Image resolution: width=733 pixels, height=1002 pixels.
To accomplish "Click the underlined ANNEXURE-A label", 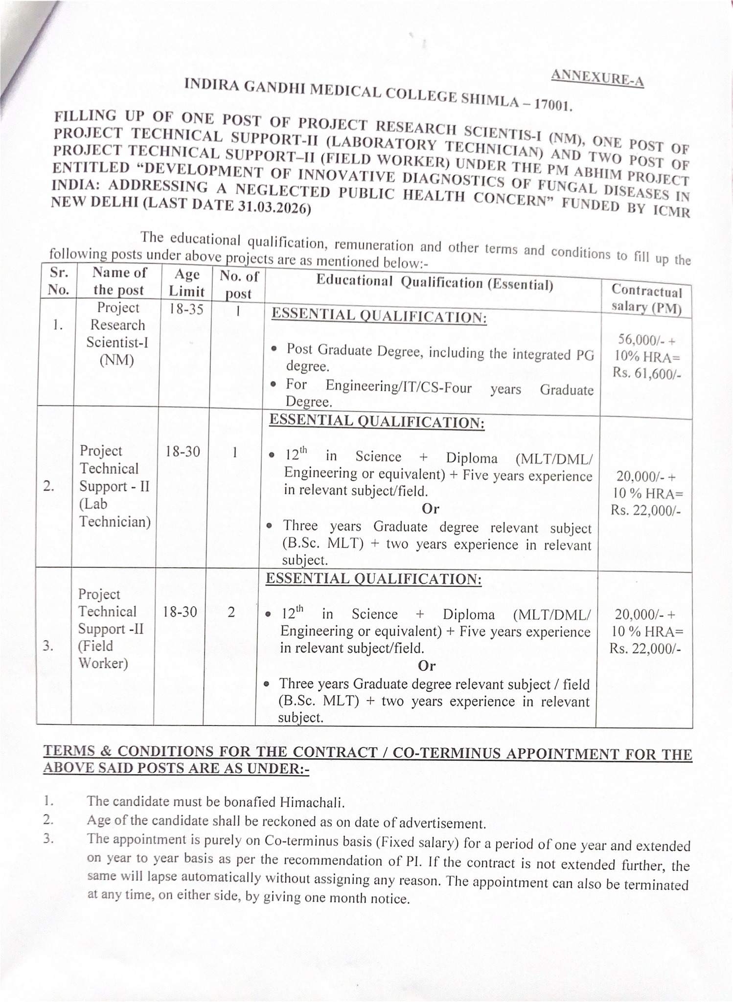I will (597, 77).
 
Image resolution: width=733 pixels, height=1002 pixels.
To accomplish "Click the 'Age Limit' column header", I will (186, 283).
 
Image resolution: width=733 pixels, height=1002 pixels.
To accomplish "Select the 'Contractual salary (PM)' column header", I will (646, 299).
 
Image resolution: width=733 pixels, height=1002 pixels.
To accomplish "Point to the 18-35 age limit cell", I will (186, 309).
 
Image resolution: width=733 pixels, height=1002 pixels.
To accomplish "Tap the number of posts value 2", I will (231, 612).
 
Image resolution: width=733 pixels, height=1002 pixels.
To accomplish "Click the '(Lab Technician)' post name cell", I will (115, 513).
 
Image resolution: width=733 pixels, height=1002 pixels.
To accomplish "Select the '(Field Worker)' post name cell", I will (103, 655).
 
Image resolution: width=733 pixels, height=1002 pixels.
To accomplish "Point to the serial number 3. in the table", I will (48, 646).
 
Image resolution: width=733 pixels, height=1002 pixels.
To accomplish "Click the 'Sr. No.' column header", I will (59, 281).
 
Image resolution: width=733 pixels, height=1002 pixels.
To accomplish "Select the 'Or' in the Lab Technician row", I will (430, 508).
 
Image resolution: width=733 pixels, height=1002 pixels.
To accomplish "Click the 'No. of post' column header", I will (238, 285).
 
